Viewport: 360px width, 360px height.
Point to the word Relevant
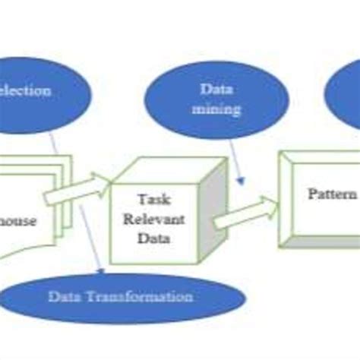coord(154,219)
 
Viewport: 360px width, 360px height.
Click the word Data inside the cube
coord(154,238)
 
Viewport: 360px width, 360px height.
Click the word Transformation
coord(151,297)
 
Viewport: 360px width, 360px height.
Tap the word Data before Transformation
coord(65,297)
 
